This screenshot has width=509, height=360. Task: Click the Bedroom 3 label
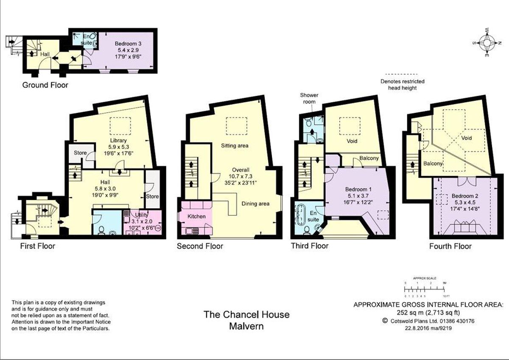[128, 44]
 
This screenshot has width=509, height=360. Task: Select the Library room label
[118, 141]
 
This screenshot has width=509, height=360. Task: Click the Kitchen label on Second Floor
[197, 216]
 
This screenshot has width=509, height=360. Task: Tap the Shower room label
[309, 99]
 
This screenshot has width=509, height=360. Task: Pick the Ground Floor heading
[45, 85]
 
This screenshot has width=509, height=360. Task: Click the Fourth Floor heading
[450, 246]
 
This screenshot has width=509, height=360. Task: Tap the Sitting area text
[235, 145]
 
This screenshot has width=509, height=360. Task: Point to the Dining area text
[255, 204]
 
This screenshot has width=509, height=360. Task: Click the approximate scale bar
[425, 290]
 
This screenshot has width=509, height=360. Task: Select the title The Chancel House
[246, 314]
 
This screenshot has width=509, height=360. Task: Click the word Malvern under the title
[246, 326]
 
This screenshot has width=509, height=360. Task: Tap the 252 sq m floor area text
[429, 313]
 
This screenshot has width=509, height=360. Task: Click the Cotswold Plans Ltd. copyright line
[429, 321]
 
